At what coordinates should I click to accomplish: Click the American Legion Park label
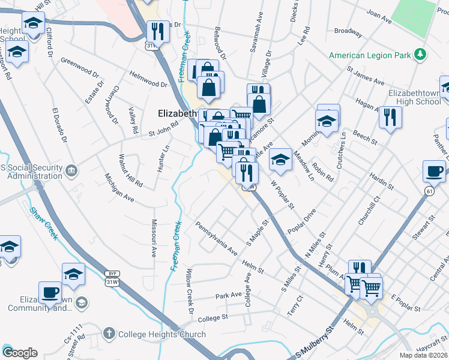tap(369, 56)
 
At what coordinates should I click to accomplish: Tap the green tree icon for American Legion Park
tap(421, 55)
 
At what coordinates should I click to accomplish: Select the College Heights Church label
tap(162, 334)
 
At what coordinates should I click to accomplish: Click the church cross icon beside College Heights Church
tap(109, 333)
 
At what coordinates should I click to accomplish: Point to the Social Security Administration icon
tap(71, 170)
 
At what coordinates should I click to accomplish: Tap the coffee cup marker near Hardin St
tap(434, 171)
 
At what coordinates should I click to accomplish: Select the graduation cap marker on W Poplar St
tap(280, 160)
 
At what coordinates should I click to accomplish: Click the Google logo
tap(20, 353)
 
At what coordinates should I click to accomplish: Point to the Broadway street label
tap(348, 31)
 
